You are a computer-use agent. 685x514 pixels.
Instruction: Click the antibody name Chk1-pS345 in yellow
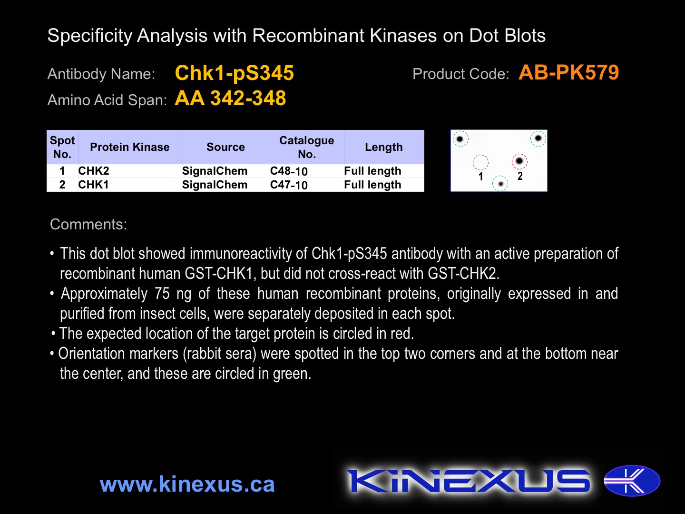point(235,73)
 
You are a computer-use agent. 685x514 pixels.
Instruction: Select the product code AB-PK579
point(568,72)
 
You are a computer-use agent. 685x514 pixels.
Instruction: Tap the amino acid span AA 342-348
point(230,98)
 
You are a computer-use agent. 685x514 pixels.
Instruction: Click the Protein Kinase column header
point(130,147)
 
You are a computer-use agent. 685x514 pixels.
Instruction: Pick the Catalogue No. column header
point(307,147)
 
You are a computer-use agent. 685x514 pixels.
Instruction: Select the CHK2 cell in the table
point(94,171)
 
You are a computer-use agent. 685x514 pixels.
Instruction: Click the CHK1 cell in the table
point(93,185)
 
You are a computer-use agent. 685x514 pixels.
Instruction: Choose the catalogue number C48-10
point(289,171)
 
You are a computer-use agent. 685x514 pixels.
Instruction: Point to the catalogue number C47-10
point(289,185)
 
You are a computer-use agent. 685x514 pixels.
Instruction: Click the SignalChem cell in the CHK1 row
point(215,185)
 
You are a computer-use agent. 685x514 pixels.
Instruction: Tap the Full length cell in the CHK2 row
point(372,171)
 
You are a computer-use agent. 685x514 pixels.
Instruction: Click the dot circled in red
point(519,161)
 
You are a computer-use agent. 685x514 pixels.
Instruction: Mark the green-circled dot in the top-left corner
point(460,138)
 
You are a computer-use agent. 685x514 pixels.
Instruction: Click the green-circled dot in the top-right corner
point(538,138)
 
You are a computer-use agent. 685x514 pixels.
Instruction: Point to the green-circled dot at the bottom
point(500,184)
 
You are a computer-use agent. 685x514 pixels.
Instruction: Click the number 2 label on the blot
point(520,176)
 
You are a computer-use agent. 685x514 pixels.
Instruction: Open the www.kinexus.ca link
point(187,484)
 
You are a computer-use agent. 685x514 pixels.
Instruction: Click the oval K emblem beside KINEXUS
point(632,481)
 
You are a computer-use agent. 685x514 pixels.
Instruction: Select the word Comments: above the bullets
point(88,224)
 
